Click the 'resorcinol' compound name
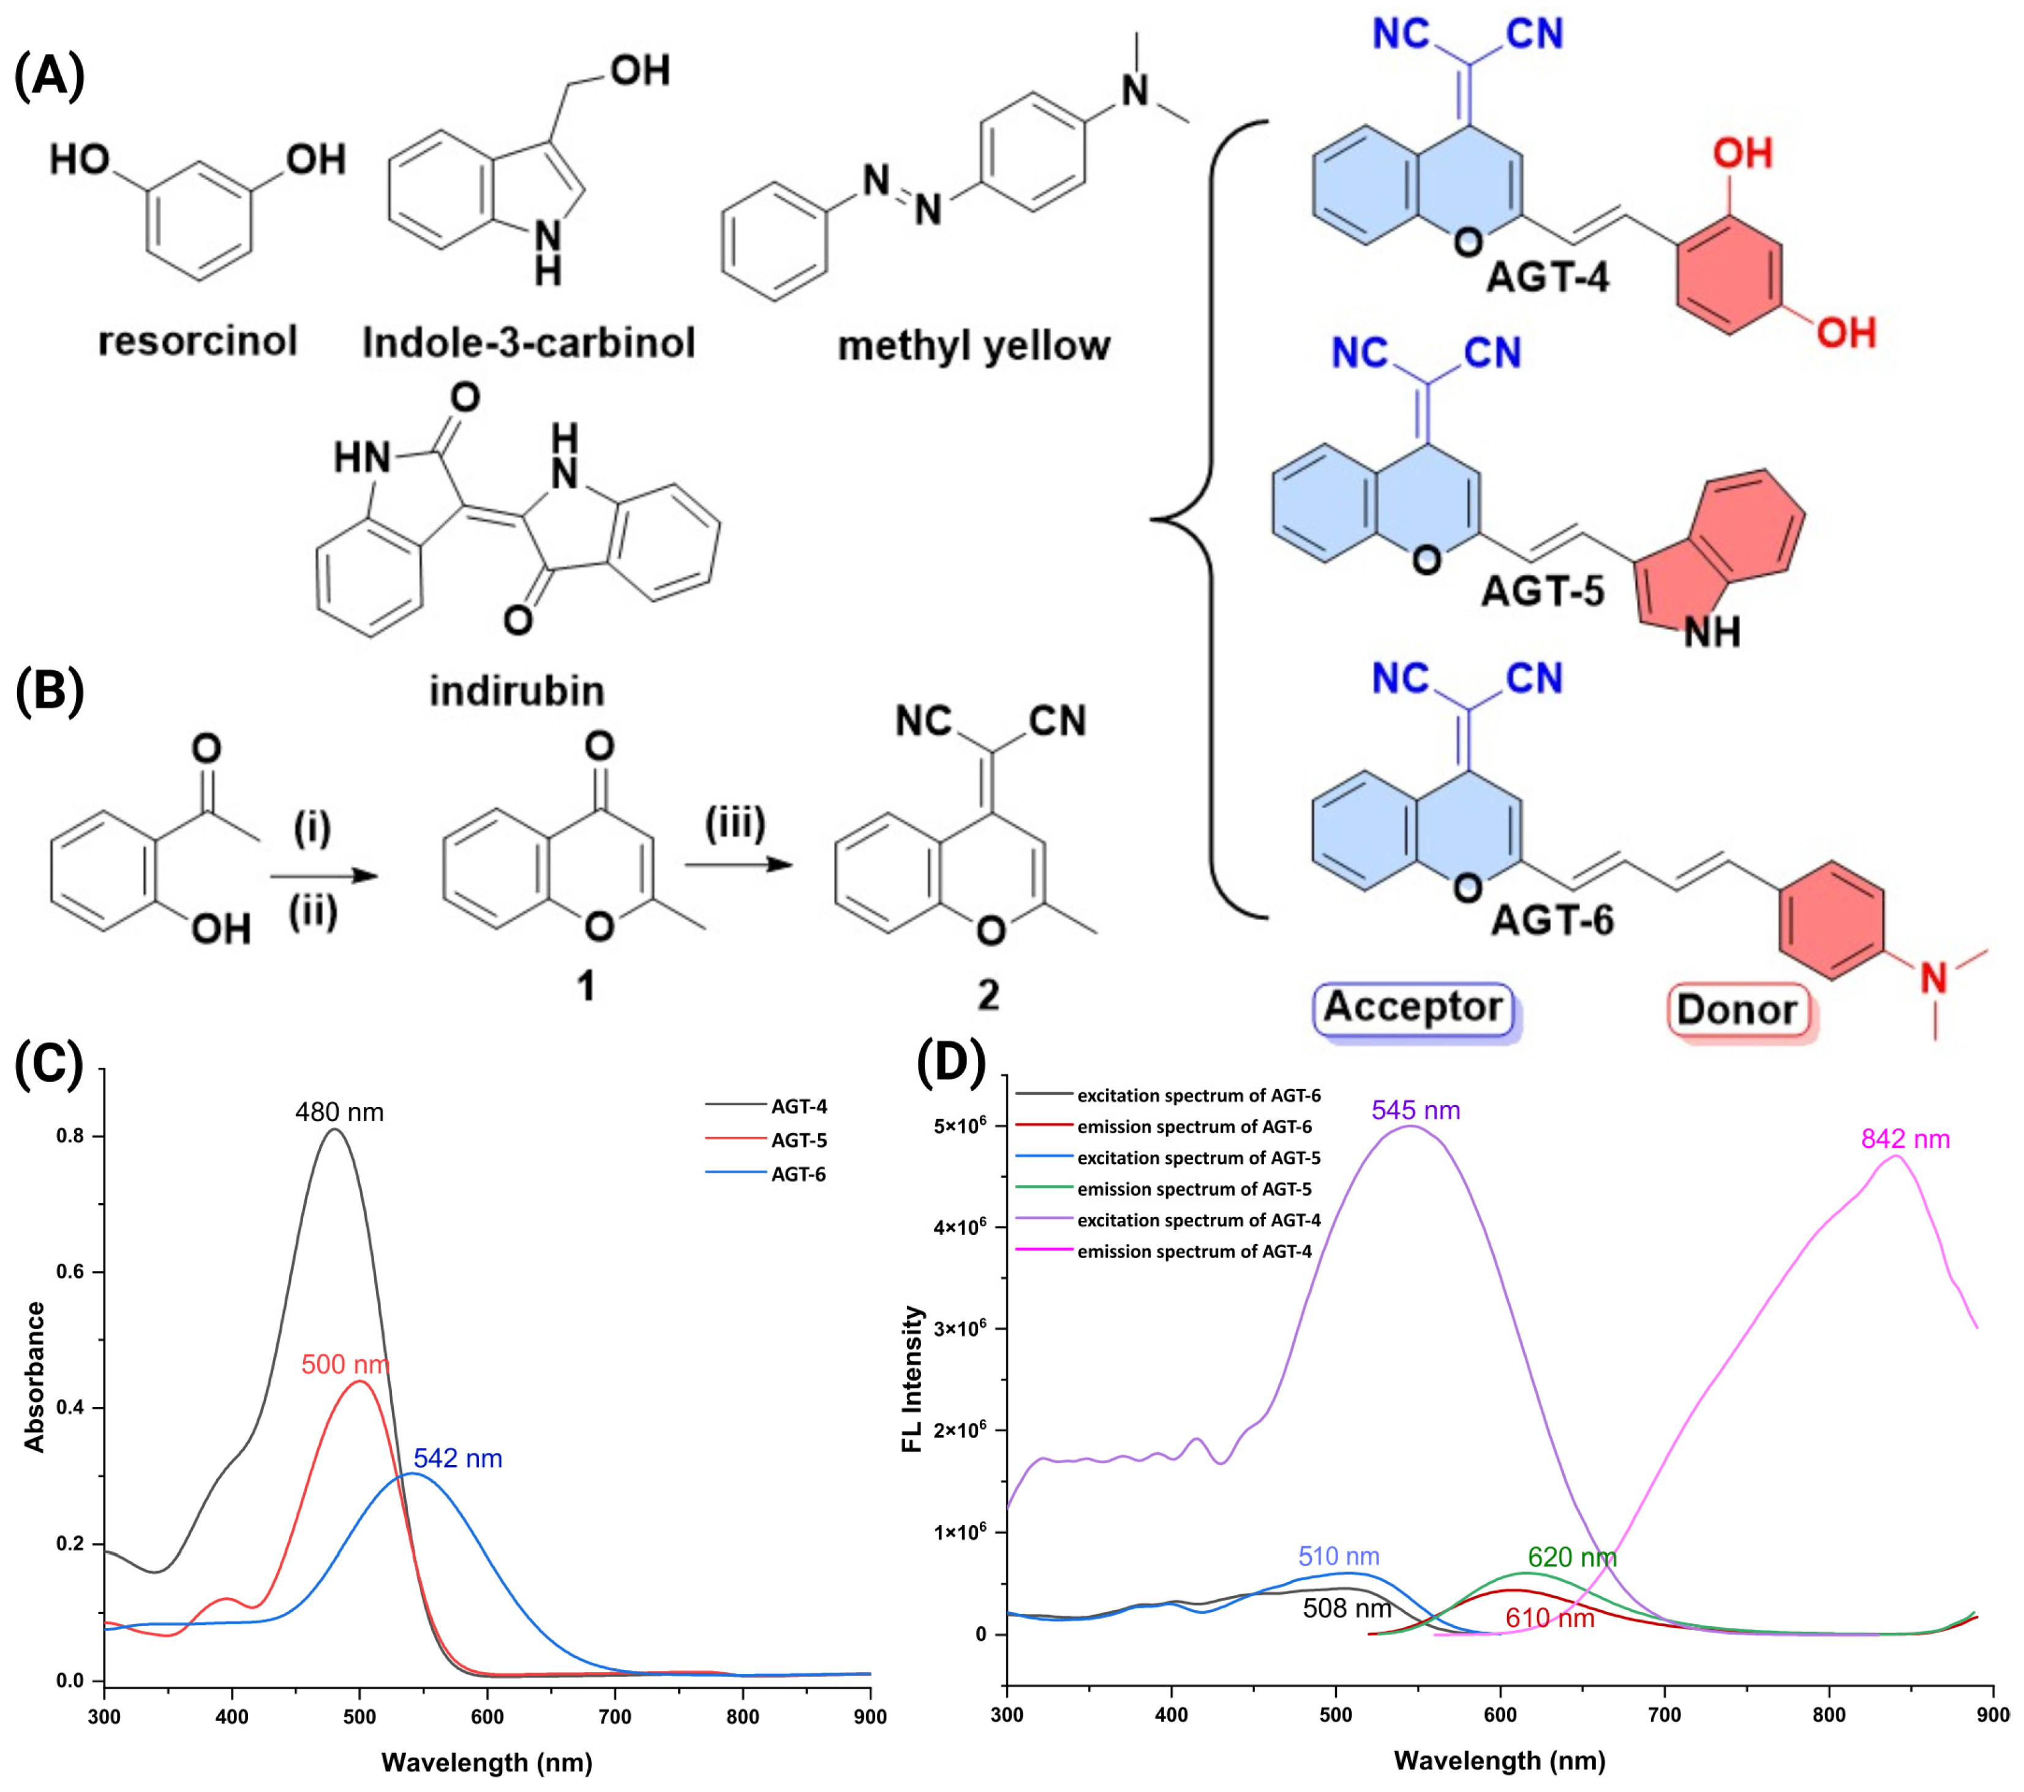tap(197, 342)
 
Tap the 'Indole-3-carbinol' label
tap(528, 343)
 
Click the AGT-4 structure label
tap(1548, 277)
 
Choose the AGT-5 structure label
tap(1542, 592)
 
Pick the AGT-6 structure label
tap(1552, 921)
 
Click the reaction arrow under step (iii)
tap(738, 865)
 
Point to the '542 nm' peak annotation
tap(457, 1458)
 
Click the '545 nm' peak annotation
tap(1415, 1111)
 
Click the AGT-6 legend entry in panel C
tap(797, 1174)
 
